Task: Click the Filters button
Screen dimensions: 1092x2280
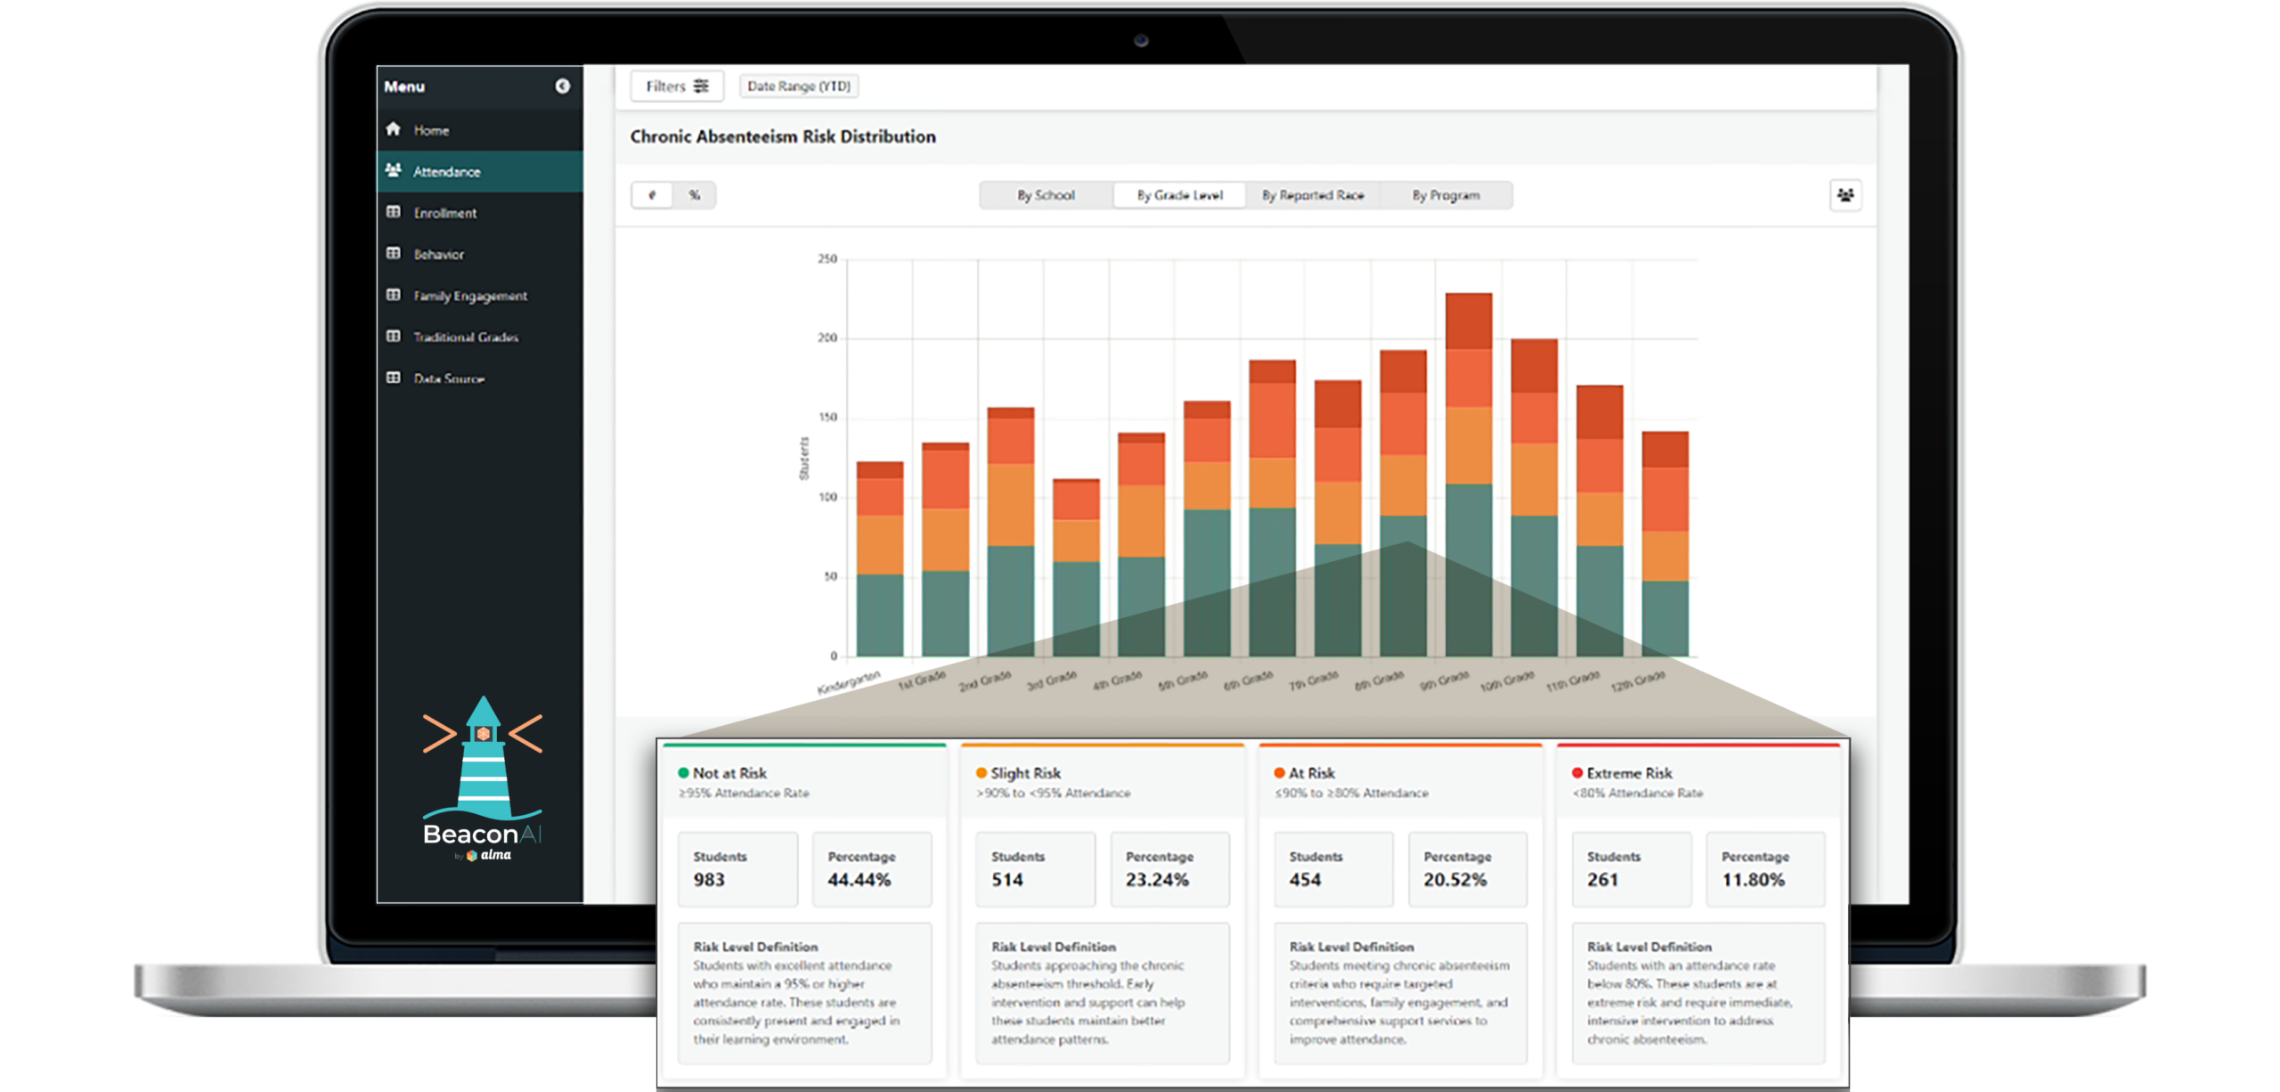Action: (677, 86)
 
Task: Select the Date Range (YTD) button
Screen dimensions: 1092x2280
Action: (799, 86)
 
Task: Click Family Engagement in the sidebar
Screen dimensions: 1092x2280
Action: (469, 296)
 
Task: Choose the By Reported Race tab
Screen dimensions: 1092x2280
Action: (1312, 195)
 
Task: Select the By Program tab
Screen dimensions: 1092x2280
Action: (1445, 195)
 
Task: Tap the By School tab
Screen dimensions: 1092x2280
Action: (1046, 195)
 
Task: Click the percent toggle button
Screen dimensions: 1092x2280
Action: (695, 195)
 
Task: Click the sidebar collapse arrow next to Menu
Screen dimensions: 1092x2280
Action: (562, 86)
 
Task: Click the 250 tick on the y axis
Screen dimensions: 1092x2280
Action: (827, 259)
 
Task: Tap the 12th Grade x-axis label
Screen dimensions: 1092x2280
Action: (1638, 680)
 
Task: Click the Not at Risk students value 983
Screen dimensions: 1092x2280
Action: (709, 880)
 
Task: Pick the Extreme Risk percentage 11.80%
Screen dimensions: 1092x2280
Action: (1753, 880)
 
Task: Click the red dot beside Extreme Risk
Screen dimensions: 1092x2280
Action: (1576, 773)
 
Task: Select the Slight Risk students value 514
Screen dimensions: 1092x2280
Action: (1007, 880)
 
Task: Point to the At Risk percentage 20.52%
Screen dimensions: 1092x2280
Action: (1454, 880)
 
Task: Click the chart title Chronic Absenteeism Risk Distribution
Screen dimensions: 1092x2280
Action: (782, 137)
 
